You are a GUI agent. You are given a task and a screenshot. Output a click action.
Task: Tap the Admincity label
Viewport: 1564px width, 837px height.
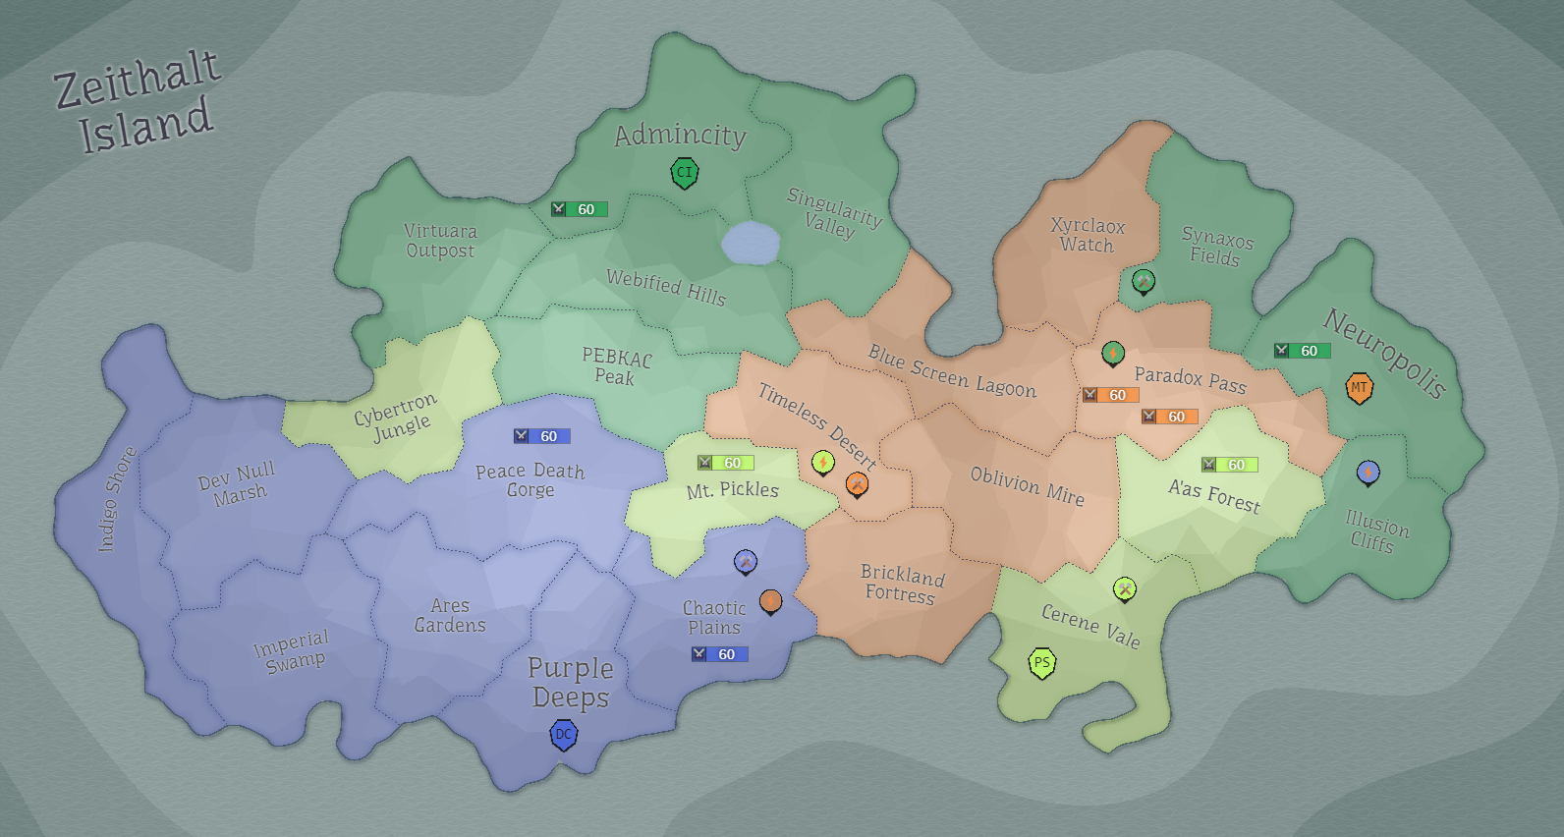(x=680, y=135)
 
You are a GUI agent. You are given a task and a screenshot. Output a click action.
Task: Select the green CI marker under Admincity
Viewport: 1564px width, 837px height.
(x=684, y=173)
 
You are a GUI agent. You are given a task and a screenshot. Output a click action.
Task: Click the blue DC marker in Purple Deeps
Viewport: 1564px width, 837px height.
(x=564, y=734)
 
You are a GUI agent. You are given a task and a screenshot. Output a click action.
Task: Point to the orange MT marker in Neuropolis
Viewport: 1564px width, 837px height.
(x=1359, y=387)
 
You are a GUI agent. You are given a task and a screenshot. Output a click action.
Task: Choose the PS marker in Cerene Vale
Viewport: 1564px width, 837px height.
(x=1041, y=663)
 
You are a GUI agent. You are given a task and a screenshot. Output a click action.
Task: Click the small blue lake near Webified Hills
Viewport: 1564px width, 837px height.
(x=751, y=243)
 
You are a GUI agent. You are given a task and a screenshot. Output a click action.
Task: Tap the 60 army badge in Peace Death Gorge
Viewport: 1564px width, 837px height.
(x=541, y=436)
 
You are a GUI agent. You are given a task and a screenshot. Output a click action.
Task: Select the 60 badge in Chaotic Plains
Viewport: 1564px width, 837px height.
(x=719, y=654)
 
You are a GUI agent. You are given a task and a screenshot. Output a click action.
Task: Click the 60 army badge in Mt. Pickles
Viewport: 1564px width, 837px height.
(x=725, y=463)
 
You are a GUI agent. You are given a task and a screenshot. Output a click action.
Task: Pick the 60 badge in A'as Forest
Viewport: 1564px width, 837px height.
(x=1229, y=465)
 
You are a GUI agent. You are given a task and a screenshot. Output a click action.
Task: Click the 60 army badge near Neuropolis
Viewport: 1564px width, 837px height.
(x=1302, y=351)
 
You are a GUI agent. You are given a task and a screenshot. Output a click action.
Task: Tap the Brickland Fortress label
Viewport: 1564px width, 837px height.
(x=901, y=584)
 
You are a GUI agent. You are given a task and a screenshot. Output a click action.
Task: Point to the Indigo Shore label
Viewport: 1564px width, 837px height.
(x=117, y=499)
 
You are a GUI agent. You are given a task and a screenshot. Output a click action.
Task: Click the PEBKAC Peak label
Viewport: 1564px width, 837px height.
(x=616, y=366)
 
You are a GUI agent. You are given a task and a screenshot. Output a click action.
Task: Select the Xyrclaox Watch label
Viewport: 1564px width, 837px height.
(x=1088, y=236)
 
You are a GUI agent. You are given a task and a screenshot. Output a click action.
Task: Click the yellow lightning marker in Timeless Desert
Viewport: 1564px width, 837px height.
(x=822, y=462)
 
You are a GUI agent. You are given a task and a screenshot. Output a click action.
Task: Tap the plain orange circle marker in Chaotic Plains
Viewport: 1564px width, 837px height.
(x=770, y=600)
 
